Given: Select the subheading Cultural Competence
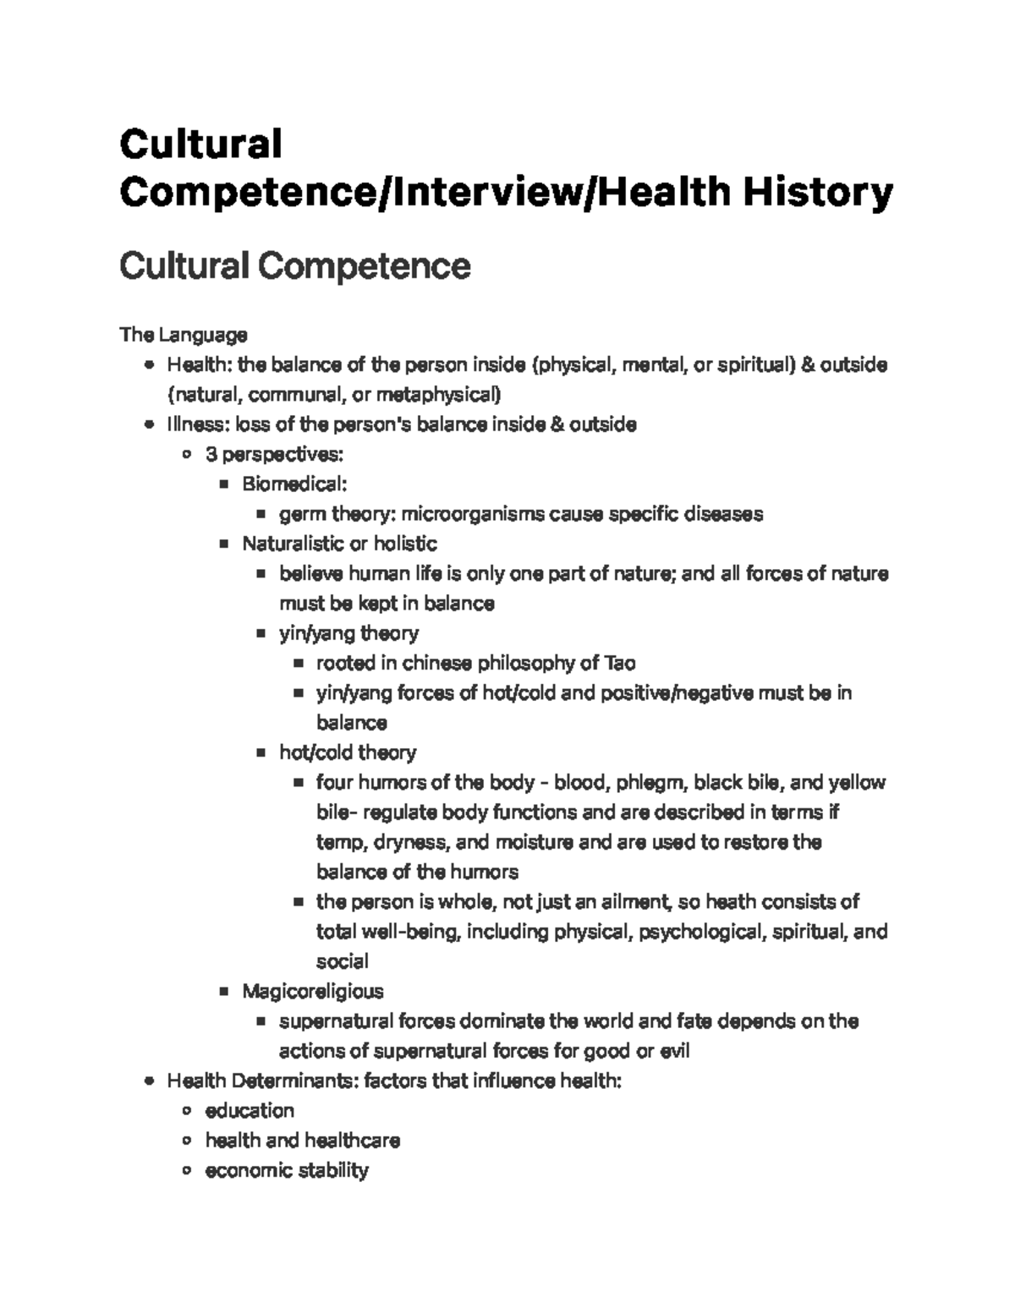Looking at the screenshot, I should click(x=294, y=266).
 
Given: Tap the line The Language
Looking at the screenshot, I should click(x=184, y=335).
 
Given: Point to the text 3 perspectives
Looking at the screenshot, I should click(x=274, y=454).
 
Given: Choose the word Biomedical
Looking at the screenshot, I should click(x=294, y=484).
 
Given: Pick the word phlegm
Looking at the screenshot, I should click(x=645, y=782).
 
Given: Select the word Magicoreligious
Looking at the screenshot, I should click(x=312, y=991).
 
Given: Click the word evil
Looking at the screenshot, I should click(x=674, y=1051).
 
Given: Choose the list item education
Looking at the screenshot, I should click(x=250, y=1110).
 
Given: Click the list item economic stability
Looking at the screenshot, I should click(x=287, y=1170).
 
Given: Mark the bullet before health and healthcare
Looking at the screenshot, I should click(x=187, y=1141).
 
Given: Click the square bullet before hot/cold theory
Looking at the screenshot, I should click(x=261, y=752).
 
